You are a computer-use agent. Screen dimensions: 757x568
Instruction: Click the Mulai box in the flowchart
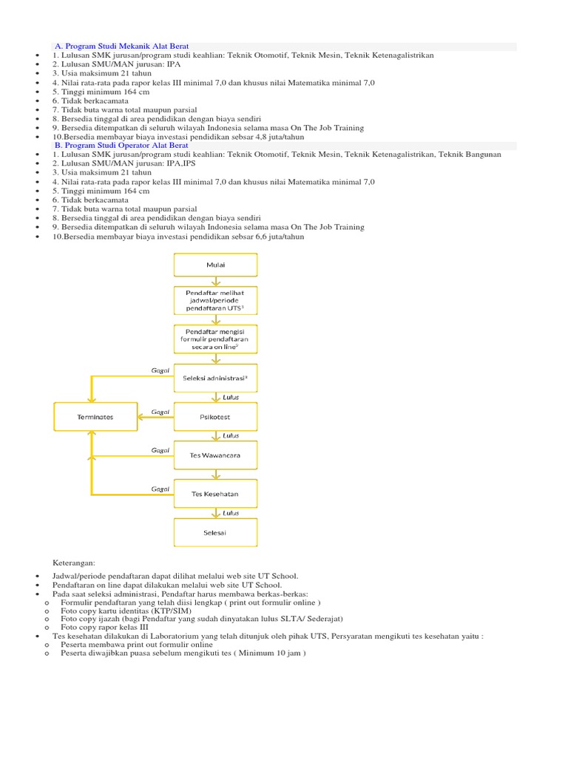[216, 265]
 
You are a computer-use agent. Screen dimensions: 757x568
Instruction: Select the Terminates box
[95, 417]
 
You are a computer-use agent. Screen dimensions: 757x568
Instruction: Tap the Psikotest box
[216, 417]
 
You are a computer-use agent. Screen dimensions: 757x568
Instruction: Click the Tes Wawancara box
[216, 455]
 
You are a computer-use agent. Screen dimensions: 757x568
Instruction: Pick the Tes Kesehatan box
[216, 493]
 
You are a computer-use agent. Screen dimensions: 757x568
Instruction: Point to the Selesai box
[216, 532]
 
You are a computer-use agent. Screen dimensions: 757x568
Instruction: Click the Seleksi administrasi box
[216, 378]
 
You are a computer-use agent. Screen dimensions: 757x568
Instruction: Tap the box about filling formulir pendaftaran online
[216, 339]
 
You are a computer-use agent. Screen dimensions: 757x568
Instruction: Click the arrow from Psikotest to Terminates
[155, 417]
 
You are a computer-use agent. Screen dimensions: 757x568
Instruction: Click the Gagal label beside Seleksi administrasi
[160, 370]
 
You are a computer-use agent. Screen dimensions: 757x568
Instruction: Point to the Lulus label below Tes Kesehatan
[231, 512]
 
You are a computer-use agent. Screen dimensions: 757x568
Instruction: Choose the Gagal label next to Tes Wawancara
[160, 449]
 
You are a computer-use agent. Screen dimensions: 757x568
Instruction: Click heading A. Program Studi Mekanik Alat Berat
[121, 47]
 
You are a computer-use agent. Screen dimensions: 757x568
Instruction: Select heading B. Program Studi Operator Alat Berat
[121, 146]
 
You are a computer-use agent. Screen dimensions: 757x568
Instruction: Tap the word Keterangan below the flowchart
[75, 563]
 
